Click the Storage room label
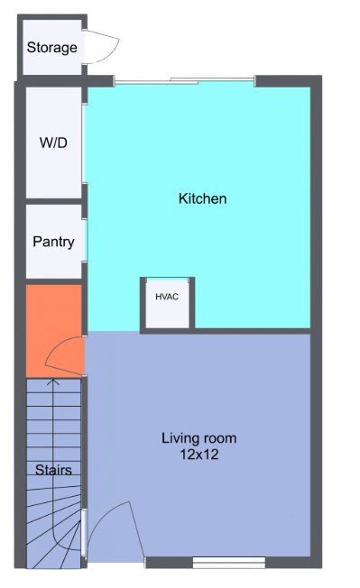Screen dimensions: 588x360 (51, 47)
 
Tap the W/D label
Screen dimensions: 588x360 (53, 143)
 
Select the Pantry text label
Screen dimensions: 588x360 (53, 242)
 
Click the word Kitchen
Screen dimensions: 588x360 (202, 198)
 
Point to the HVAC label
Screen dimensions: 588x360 (167, 296)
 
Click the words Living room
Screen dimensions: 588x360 (198, 438)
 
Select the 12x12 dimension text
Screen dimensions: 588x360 (198, 455)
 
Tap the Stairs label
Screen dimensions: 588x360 (53, 470)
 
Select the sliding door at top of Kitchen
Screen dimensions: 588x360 (184, 82)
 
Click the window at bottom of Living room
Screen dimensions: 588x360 (228, 564)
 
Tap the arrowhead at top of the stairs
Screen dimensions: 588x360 (53, 383)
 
